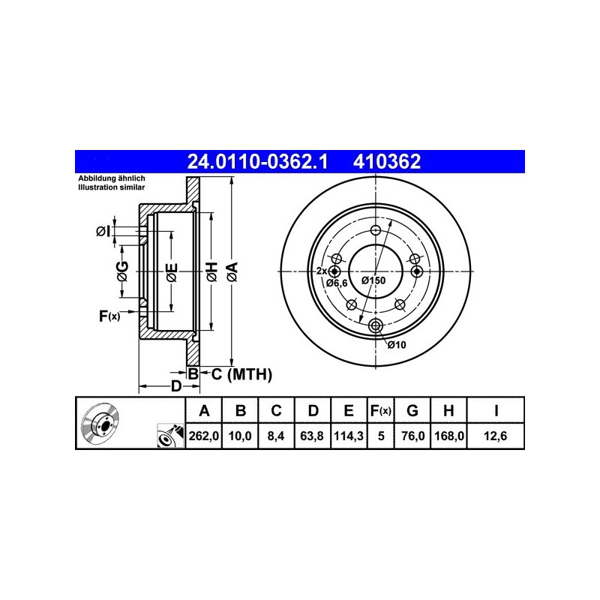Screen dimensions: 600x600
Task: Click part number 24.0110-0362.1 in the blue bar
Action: tap(257, 161)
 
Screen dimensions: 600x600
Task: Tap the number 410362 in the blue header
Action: tap(387, 161)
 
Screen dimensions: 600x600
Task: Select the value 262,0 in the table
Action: tap(203, 436)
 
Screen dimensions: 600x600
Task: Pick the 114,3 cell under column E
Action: tap(349, 436)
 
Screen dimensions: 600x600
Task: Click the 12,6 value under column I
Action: tap(495, 436)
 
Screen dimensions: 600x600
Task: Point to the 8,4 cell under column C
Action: tap(276, 436)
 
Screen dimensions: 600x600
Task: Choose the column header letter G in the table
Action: tap(412, 410)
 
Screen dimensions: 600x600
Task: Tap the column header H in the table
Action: tap(448, 410)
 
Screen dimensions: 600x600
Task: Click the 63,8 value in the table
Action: tap(312, 436)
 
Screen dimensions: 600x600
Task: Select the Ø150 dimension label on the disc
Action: tap(373, 280)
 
